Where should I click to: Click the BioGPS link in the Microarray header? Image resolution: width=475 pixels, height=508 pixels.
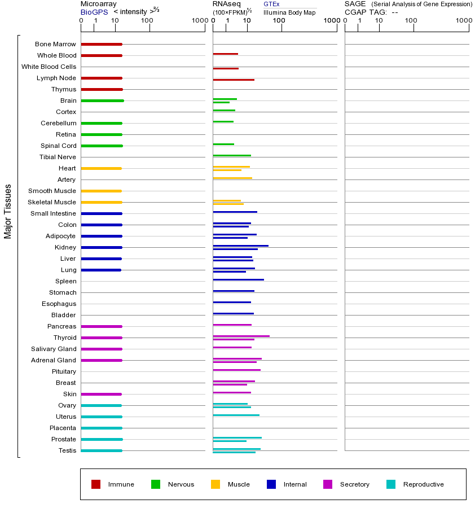click(94, 12)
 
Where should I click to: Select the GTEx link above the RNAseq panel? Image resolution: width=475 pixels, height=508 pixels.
click(271, 5)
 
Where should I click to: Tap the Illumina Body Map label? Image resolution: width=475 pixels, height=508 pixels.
click(289, 12)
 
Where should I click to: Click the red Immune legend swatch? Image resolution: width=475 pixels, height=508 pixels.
click(96, 484)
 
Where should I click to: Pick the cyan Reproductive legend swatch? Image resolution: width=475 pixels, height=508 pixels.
click(391, 484)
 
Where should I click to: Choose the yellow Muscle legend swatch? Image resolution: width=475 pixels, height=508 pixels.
click(215, 484)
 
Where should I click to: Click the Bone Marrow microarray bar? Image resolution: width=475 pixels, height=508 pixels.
click(102, 44)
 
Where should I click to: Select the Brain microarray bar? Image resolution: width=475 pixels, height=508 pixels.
click(102, 100)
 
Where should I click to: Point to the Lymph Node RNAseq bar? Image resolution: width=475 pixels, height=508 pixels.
click(234, 80)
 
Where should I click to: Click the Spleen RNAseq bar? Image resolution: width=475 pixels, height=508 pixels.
click(238, 279)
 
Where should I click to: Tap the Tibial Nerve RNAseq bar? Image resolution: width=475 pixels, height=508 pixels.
click(232, 155)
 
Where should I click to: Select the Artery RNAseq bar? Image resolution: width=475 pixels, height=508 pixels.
click(232, 178)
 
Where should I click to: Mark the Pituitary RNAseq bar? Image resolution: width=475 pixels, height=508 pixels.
click(236, 370)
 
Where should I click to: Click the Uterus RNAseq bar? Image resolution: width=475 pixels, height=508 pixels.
click(236, 415)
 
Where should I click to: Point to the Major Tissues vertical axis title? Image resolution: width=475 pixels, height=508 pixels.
click(8, 211)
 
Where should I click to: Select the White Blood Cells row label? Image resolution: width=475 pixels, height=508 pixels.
click(49, 67)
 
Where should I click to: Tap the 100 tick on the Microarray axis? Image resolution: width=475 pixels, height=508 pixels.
click(147, 21)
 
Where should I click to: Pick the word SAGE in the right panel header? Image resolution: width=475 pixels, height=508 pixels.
click(355, 4)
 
